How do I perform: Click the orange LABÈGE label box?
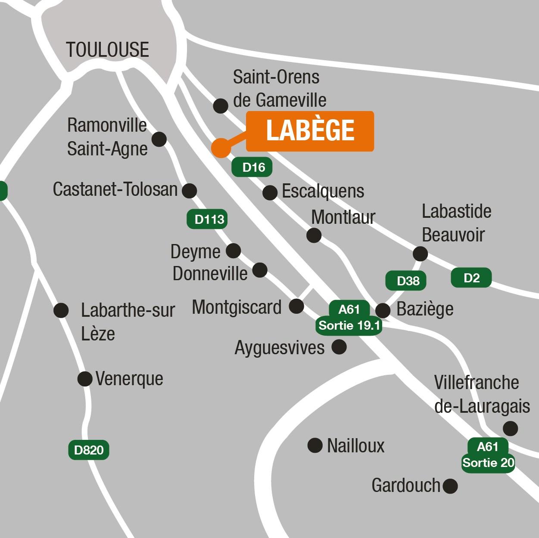point(310,131)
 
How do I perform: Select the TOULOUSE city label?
point(107,50)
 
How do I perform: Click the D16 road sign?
point(252,167)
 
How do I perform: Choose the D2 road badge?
point(471,278)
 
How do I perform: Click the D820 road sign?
point(89,450)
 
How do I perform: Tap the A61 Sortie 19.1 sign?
point(349,318)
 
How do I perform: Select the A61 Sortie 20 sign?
point(488,455)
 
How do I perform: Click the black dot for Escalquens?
point(270,192)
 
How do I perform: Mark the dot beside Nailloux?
point(315,445)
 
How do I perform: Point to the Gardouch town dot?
point(450,486)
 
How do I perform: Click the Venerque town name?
point(129,379)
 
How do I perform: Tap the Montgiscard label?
point(237,307)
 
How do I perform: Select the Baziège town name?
point(425,309)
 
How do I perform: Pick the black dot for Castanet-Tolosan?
point(190,190)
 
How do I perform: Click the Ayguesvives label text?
point(280,348)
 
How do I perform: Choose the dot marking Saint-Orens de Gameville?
point(221,105)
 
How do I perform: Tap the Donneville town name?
point(210,274)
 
